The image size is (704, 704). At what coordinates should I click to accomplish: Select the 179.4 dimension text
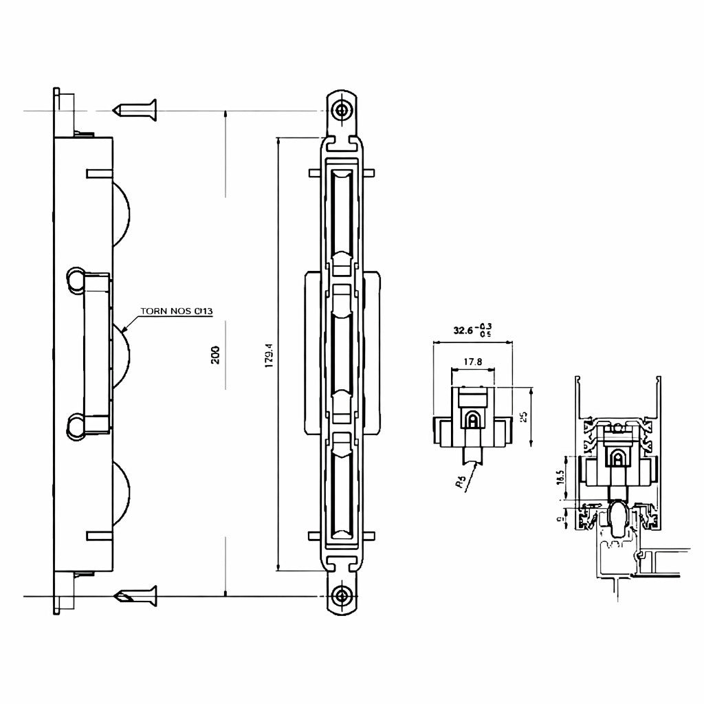click(x=269, y=355)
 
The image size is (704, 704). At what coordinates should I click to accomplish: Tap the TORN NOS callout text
click(x=177, y=311)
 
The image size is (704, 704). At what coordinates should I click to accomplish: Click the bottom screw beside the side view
click(x=137, y=595)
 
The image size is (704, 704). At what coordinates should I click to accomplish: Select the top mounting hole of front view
click(x=342, y=109)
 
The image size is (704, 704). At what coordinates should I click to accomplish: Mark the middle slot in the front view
click(x=342, y=353)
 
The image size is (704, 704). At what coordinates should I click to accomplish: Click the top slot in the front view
click(x=342, y=213)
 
